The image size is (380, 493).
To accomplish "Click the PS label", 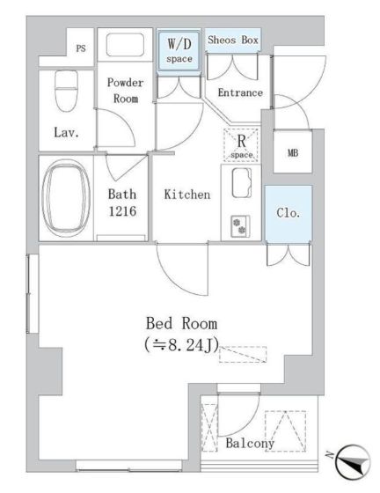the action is tap(81, 48).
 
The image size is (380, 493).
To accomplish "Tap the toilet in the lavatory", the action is tap(66, 91).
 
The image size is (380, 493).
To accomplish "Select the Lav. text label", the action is tap(66, 132).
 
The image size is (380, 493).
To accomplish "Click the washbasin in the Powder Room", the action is tap(125, 45).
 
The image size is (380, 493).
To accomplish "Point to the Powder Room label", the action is tap(125, 90).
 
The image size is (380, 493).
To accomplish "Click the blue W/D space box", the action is tap(179, 50).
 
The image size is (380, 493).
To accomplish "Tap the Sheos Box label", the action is tap(233, 40).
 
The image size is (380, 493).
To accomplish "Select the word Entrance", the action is tap(240, 92).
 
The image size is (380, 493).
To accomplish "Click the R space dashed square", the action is tap(241, 145).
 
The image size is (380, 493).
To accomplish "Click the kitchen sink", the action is tap(242, 183).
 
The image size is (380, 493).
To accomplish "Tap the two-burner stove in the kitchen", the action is tap(240, 226).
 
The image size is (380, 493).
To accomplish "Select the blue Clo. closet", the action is tap(289, 213).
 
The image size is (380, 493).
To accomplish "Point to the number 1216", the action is tap(122, 211).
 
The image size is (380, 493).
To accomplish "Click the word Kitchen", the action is tap(187, 195).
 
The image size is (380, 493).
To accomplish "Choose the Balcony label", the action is tap(250, 444).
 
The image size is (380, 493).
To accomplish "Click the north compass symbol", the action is tap(353, 462).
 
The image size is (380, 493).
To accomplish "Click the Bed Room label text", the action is tap(181, 324).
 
